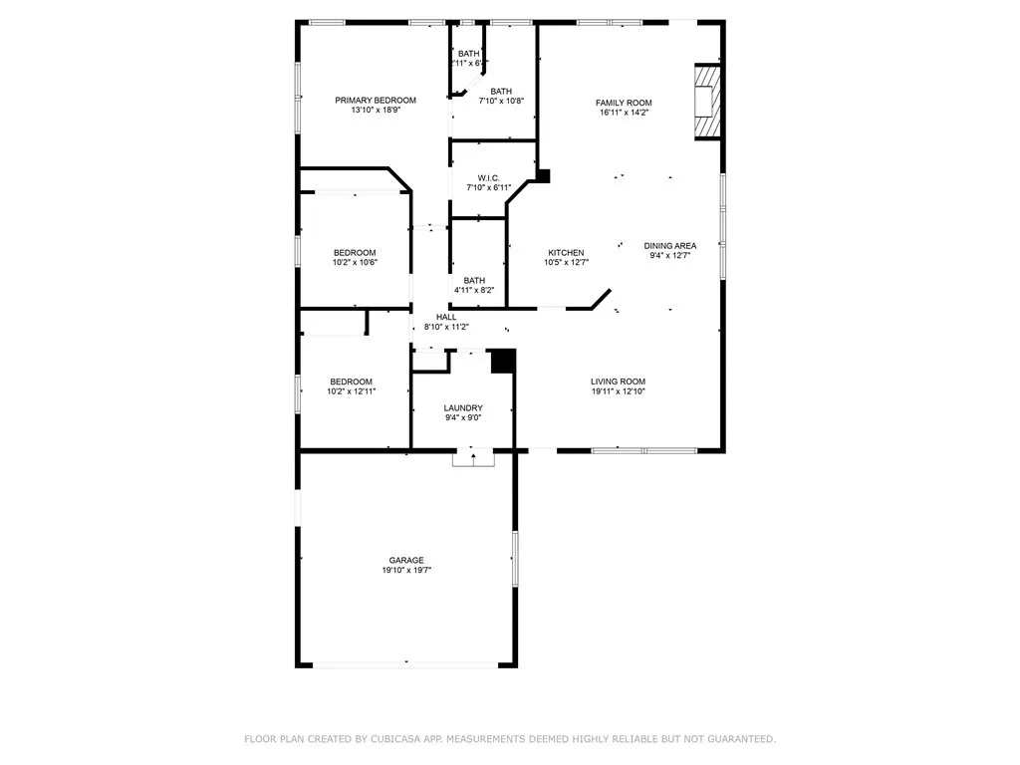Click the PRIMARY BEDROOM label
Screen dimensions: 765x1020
click(375, 101)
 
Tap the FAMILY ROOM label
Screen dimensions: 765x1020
click(624, 103)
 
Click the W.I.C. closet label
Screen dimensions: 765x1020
click(488, 177)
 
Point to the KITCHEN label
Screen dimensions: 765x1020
click(564, 252)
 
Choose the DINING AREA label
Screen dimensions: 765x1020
click(669, 245)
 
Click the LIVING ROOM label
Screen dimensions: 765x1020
click(618, 382)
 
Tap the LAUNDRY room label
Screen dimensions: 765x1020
click(463, 407)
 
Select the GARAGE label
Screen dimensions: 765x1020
click(405, 560)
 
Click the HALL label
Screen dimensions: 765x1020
click(446, 317)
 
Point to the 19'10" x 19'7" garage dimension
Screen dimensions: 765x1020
click(405, 571)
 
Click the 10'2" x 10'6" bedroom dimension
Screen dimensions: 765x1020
click(355, 263)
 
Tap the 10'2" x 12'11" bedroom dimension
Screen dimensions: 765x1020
click(351, 392)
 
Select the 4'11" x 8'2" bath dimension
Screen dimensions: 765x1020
click(474, 291)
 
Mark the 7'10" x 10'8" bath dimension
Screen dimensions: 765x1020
click(501, 101)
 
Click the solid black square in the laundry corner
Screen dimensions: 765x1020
click(503, 361)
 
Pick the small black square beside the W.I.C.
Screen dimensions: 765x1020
click(543, 175)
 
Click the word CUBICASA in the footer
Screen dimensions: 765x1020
click(396, 739)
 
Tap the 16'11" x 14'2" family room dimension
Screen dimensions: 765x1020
click(624, 113)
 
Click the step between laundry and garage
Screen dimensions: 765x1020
click(473, 458)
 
